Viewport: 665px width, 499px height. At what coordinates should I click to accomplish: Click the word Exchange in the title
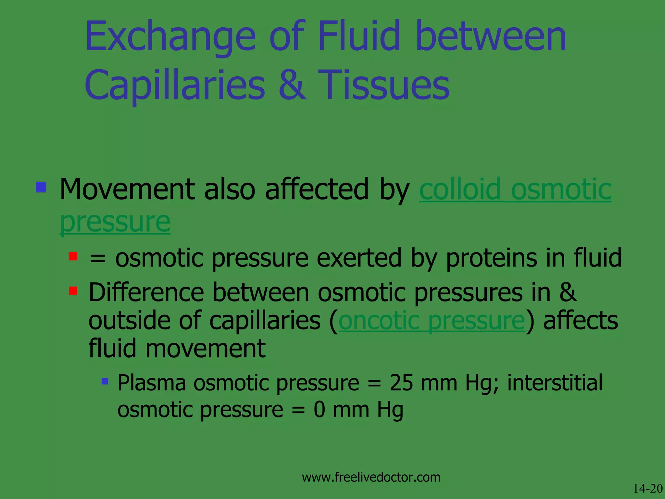pos(170,36)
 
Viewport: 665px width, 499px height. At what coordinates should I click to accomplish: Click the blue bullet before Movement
pos(41,187)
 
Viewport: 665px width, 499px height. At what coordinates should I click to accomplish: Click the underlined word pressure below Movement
pos(115,223)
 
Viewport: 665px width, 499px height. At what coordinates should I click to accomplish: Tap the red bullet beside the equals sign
pos(73,257)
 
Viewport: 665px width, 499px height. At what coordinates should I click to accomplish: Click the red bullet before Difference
pos(73,290)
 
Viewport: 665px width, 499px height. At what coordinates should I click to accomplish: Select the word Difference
pos(146,292)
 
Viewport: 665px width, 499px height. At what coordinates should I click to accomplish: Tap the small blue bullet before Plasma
pos(105,381)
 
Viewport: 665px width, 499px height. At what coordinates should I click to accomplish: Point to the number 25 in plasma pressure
pos(401,383)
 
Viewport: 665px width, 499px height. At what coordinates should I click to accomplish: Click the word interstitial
pos(555,383)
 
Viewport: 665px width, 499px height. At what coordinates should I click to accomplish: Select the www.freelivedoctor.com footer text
pos(371,477)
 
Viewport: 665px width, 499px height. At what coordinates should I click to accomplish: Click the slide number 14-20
pos(647,489)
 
